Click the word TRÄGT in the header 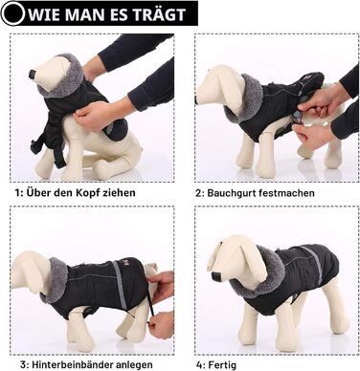[159, 14]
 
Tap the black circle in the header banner [12, 13]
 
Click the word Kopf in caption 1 [88, 193]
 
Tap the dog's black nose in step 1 [33, 74]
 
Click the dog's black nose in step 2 [198, 99]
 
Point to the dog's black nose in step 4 [216, 275]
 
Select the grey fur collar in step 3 [56, 280]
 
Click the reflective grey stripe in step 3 [119, 285]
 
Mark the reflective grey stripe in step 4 [315, 265]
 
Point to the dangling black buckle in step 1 [34, 147]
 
